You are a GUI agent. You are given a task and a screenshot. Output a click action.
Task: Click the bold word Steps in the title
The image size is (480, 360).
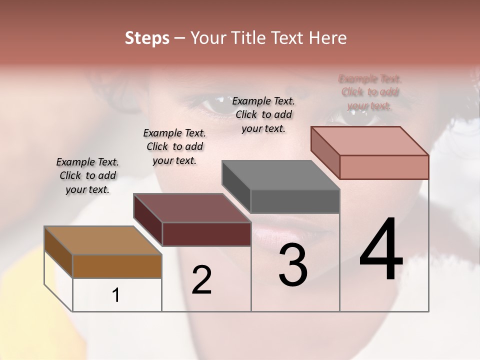tap(147, 38)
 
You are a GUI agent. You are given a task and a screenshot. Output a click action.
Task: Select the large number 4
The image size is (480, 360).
tap(381, 250)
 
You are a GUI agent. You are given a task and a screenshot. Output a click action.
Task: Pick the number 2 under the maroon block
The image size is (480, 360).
tap(201, 280)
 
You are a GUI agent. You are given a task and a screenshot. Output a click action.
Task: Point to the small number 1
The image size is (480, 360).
tap(116, 295)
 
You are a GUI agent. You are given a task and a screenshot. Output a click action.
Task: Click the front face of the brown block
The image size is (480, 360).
tap(117, 266)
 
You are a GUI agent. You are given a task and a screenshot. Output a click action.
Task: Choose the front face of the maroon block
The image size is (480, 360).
tap(206, 234)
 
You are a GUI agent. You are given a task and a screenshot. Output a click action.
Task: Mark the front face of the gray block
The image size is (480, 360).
tap(295, 201)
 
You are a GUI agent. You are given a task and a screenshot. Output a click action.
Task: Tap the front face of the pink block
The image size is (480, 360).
tap(384, 167)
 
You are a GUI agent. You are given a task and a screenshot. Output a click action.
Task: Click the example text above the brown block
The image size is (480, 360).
tap(87, 175)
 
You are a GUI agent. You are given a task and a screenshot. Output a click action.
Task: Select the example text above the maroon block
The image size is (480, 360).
tap(174, 146)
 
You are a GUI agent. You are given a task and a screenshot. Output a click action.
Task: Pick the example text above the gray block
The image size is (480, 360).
tap(263, 114)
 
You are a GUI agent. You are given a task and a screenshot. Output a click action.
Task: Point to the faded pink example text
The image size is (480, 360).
tap(369, 92)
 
